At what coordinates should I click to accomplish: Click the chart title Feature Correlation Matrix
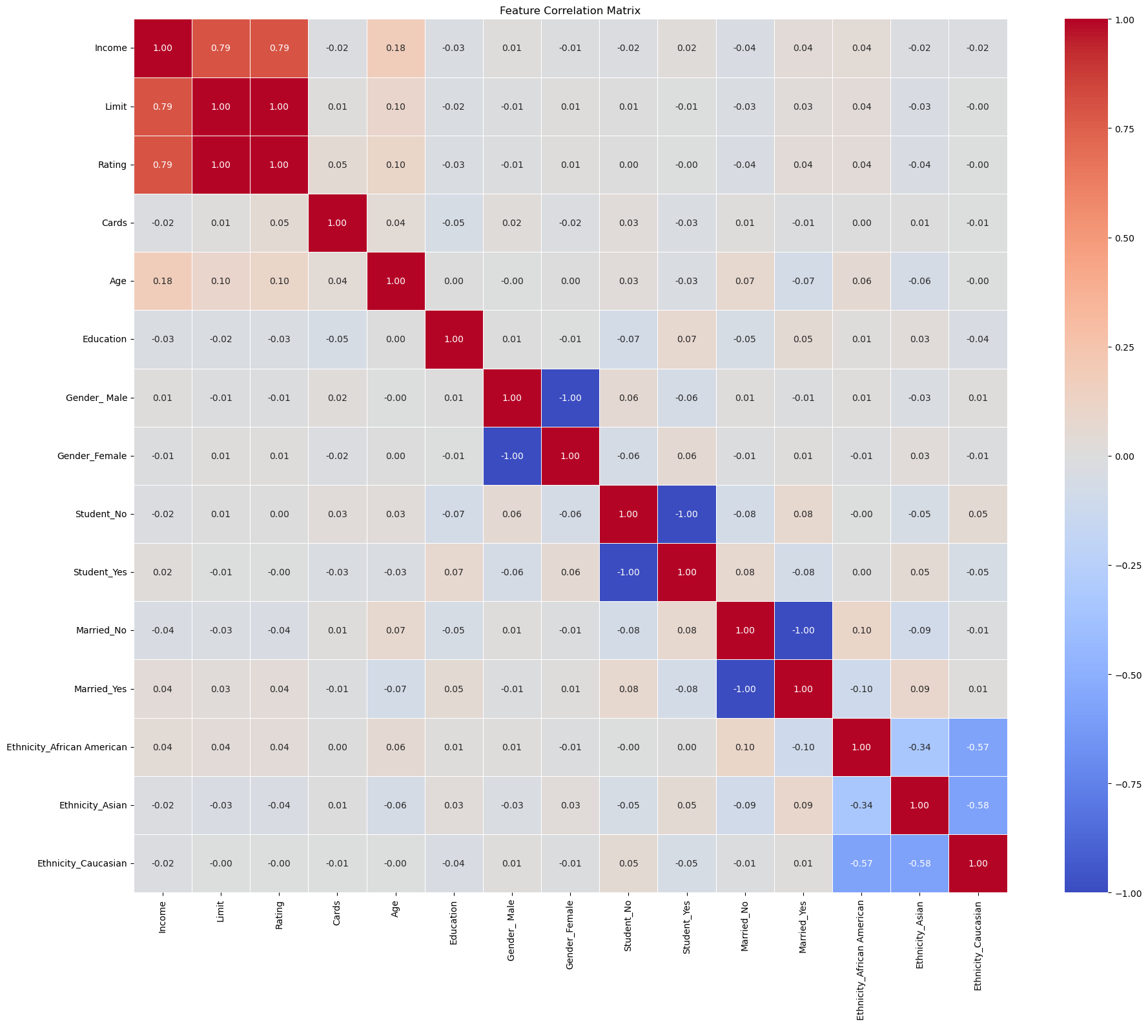pos(569,10)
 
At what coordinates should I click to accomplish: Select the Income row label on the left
pos(110,48)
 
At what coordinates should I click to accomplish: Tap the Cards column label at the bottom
pos(337,914)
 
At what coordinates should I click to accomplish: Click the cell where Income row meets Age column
pos(395,48)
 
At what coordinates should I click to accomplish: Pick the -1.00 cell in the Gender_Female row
pos(512,456)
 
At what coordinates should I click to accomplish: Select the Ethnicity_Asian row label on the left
pos(93,805)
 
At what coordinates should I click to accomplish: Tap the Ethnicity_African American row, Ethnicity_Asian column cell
pos(919,747)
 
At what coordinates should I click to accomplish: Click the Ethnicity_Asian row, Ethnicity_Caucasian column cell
pos(978,805)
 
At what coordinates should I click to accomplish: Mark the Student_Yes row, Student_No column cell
pos(628,572)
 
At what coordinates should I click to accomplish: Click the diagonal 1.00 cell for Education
pos(454,339)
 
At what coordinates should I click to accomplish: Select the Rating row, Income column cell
pos(163,165)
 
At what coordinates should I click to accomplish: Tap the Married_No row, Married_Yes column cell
pos(803,630)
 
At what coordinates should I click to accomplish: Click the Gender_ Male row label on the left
pos(96,398)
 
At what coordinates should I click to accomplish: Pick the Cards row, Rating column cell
pos(279,223)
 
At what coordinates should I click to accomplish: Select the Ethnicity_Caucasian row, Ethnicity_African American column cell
pos(861,863)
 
